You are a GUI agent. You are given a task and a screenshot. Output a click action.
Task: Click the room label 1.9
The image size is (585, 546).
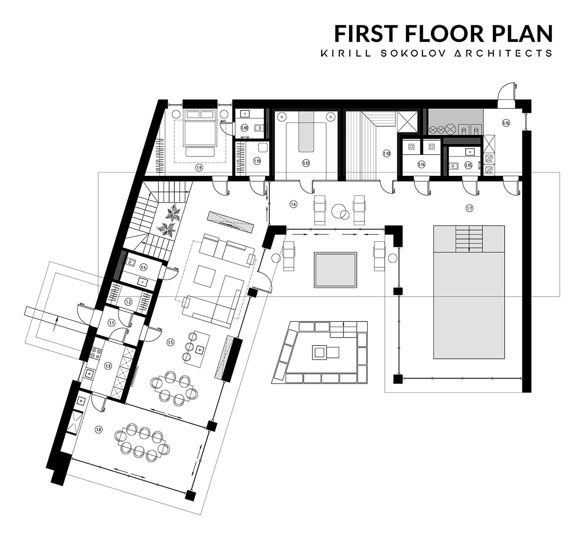click(199, 168)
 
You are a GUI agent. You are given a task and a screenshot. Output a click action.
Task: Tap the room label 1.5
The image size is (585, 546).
click(170, 342)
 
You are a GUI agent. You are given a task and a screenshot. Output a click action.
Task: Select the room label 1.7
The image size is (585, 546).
click(469, 208)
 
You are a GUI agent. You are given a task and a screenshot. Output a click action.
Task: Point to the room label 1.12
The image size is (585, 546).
click(306, 163)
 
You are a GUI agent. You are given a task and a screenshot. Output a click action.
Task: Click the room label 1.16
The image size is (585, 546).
click(506, 123)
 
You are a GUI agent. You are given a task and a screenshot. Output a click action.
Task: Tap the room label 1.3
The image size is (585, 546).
click(108, 366)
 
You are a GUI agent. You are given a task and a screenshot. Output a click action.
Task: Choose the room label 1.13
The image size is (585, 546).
click(387, 153)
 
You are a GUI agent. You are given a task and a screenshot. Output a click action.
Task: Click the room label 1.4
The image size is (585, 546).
click(143, 267)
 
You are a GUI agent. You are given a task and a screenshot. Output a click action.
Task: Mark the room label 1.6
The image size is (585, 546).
click(293, 204)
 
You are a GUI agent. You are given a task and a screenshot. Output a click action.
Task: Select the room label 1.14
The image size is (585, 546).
click(421, 165)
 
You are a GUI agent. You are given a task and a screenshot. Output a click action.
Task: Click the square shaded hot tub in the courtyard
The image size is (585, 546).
click(335, 270)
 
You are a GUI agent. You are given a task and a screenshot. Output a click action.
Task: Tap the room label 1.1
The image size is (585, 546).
click(111, 323)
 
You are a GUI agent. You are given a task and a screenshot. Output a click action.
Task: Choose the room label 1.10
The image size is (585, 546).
click(244, 128)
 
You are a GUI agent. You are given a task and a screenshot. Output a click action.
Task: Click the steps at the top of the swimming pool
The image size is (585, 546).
click(469, 239)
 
